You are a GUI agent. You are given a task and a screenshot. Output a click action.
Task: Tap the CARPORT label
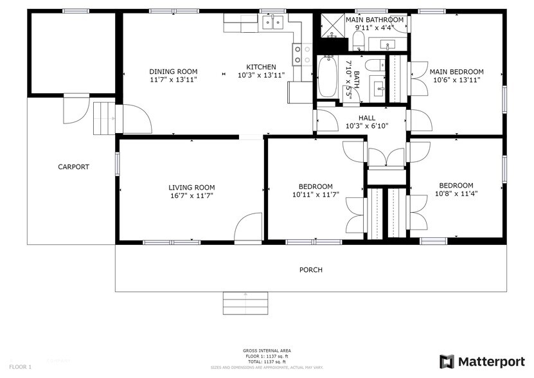(x=73, y=167)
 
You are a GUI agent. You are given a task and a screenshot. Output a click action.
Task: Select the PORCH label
(x=311, y=270)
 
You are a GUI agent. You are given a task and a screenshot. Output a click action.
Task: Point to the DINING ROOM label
(x=173, y=71)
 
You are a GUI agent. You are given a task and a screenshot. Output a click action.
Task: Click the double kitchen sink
(x=273, y=23)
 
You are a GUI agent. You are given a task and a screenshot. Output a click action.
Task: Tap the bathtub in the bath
(x=328, y=76)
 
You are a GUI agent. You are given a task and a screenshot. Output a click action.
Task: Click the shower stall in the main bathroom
(x=333, y=27)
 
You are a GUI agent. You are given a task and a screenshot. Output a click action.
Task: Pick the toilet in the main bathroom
(x=359, y=42)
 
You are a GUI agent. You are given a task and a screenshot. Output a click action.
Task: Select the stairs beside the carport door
(x=102, y=118)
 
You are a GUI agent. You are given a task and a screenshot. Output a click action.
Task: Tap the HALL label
(x=366, y=118)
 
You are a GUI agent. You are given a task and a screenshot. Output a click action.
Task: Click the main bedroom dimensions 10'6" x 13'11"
(x=456, y=80)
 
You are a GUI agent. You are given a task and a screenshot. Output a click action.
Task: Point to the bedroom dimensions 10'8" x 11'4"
(x=456, y=194)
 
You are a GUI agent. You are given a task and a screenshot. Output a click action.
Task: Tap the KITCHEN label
(x=261, y=67)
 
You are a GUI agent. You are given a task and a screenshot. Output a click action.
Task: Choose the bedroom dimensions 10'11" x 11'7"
(x=315, y=195)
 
